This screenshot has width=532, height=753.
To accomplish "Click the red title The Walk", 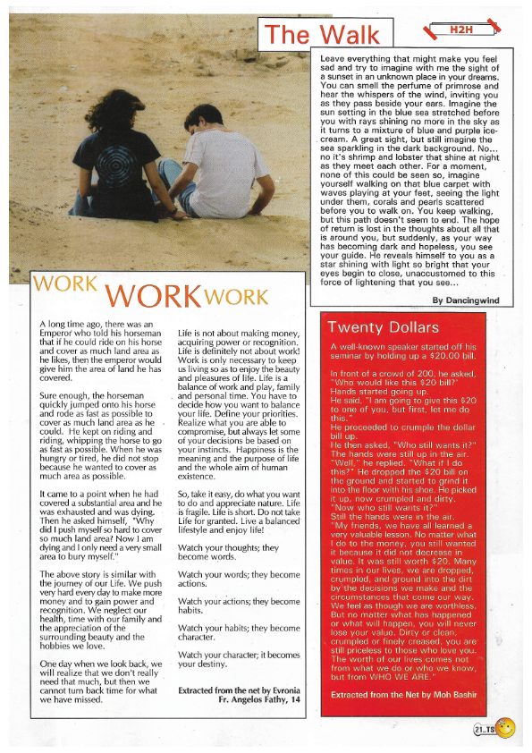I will coord(324,35).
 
